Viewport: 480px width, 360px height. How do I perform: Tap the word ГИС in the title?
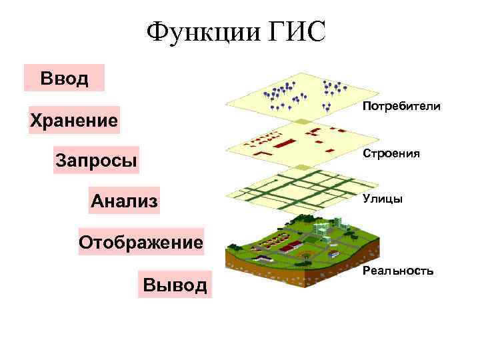click(x=293, y=32)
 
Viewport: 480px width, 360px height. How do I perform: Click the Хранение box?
click(x=74, y=121)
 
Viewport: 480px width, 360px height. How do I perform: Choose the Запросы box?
click(x=97, y=161)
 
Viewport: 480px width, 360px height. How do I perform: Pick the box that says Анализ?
click(x=125, y=200)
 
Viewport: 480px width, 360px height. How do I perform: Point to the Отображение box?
click(x=141, y=241)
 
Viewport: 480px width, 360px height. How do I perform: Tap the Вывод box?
click(x=175, y=285)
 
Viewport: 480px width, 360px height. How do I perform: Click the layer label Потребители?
click(x=401, y=107)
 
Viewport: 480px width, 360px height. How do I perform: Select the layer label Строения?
click(x=391, y=153)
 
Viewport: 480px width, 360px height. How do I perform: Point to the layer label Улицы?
click(x=383, y=198)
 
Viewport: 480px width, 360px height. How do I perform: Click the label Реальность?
click(x=398, y=271)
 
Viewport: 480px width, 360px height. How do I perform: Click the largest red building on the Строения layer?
click(x=286, y=143)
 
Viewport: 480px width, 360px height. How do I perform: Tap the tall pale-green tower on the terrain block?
click(x=339, y=223)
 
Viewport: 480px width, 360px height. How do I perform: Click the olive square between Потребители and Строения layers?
click(x=303, y=122)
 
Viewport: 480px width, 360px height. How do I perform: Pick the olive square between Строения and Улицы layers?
click(x=303, y=169)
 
